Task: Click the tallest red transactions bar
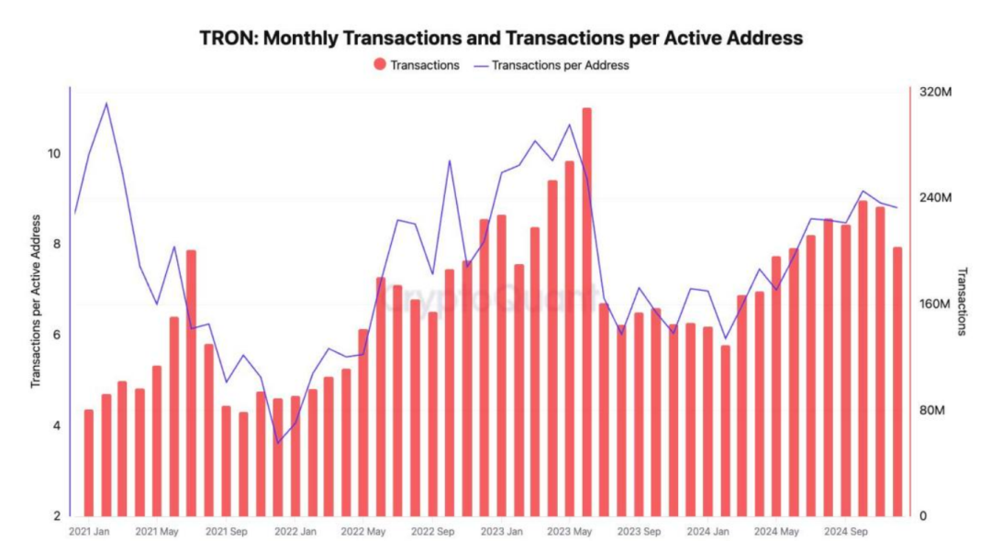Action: (586, 312)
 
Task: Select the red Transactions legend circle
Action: (379, 65)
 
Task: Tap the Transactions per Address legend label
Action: (561, 65)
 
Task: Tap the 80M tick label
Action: (931, 410)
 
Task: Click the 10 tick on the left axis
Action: (55, 153)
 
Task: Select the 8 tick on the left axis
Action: (57, 244)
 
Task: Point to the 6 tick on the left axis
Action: (57, 335)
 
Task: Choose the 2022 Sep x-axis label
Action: (433, 531)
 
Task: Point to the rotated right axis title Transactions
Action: (962, 302)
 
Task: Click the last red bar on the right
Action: (896, 381)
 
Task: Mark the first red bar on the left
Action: (88, 462)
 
